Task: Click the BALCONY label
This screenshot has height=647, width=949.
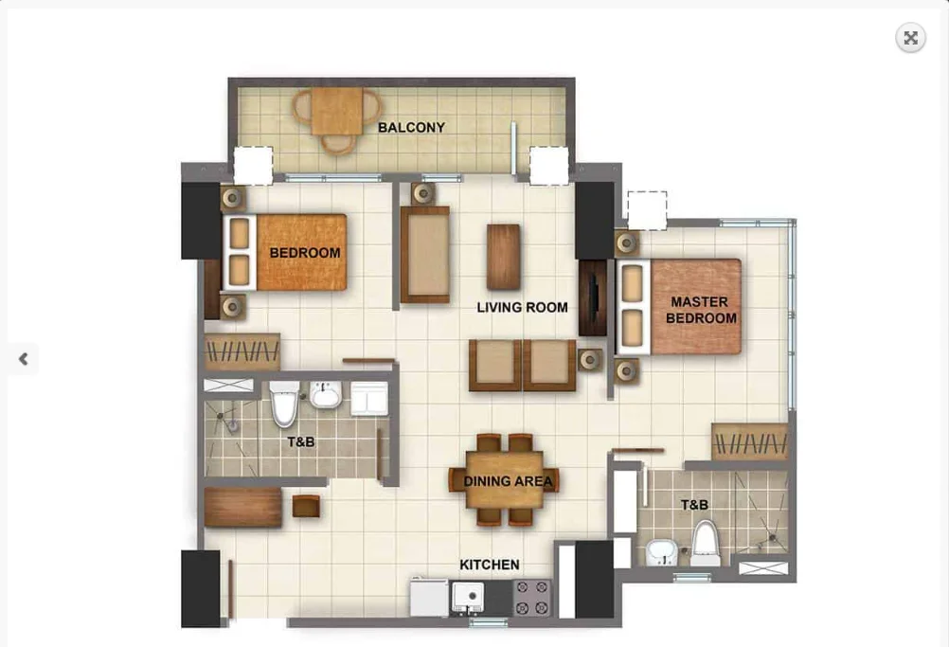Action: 411,127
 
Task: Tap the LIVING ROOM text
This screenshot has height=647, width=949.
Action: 522,307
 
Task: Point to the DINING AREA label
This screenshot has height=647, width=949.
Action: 508,481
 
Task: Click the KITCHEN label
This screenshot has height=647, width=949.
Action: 490,565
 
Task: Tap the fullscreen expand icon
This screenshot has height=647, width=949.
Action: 910,38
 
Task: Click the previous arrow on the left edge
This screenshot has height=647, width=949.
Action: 23,359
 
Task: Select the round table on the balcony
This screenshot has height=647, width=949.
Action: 337,113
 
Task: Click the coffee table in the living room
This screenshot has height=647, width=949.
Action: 504,256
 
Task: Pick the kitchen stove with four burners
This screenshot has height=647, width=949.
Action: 533,597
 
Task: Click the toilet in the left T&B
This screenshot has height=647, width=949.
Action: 283,405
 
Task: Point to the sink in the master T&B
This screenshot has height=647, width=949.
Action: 661,548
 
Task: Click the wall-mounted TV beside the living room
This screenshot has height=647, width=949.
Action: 592,298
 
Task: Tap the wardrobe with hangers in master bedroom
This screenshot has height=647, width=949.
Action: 749,441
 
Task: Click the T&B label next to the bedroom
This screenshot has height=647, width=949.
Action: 300,441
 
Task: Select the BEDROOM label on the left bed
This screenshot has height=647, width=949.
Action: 304,253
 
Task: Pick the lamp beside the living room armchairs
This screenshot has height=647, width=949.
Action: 590,359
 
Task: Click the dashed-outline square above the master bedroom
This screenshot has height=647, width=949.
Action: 647,210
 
